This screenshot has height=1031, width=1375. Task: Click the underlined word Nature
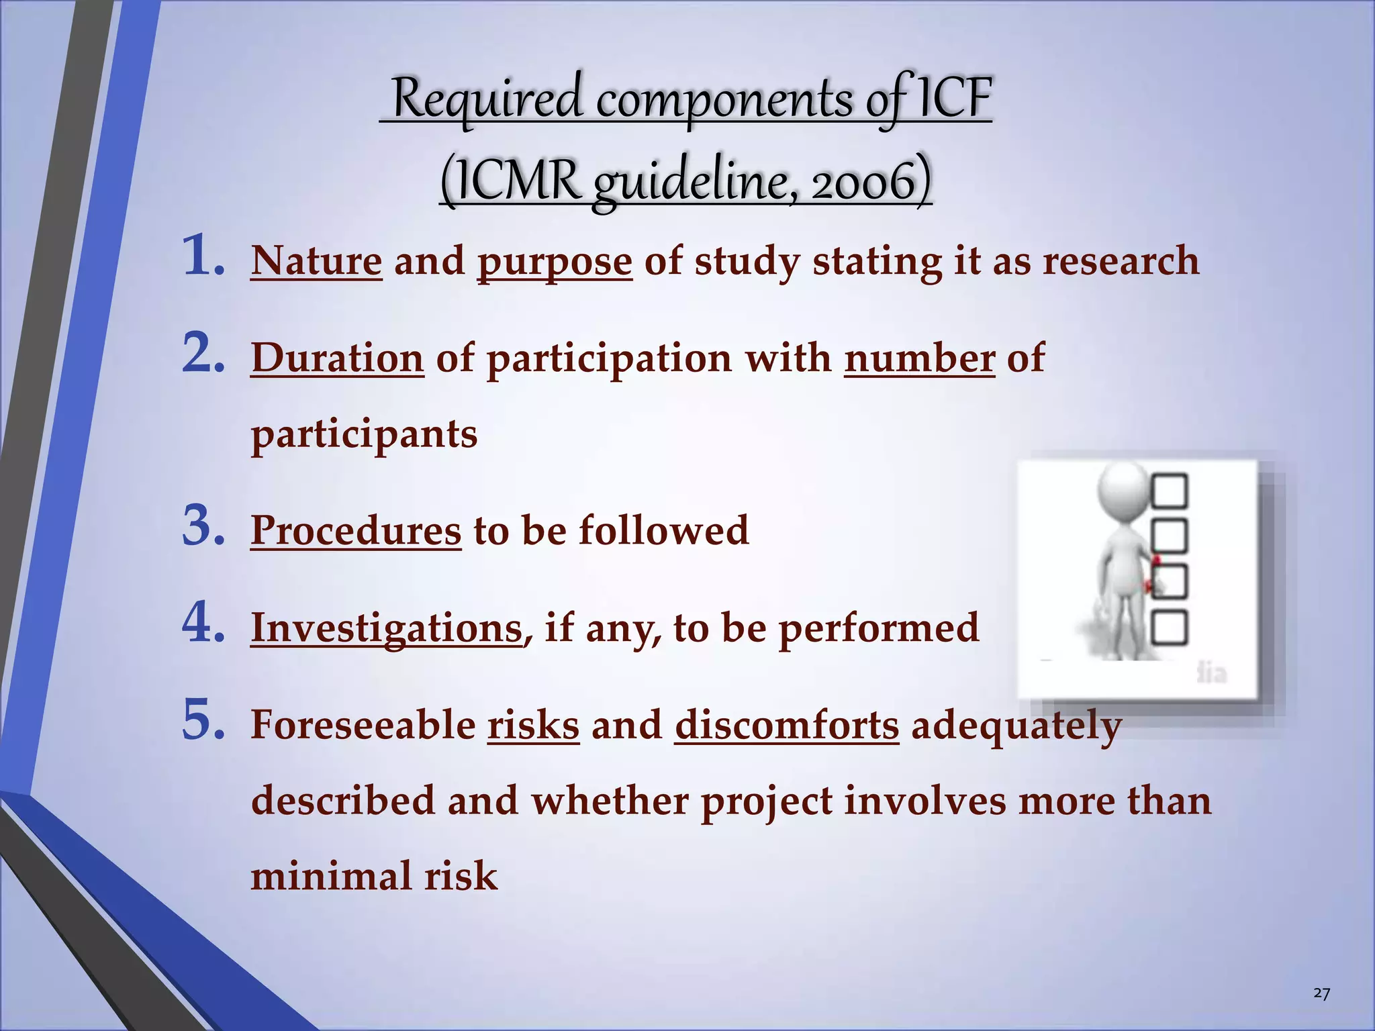point(316,261)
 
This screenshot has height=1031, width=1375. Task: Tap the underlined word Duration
point(337,358)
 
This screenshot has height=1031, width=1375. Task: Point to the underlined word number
point(919,358)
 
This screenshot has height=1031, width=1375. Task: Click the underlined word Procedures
point(356,530)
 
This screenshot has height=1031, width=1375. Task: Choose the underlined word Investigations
point(387,628)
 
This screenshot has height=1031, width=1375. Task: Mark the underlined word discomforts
point(786,726)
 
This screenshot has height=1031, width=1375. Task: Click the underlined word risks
point(533,726)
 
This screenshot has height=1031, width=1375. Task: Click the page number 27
point(1321,993)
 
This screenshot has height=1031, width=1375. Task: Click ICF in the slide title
point(954,99)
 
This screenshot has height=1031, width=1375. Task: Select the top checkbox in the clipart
point(1169,491)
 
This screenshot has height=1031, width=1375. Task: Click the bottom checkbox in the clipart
point(1169,628)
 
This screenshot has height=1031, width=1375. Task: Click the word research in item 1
point(1120,261)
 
